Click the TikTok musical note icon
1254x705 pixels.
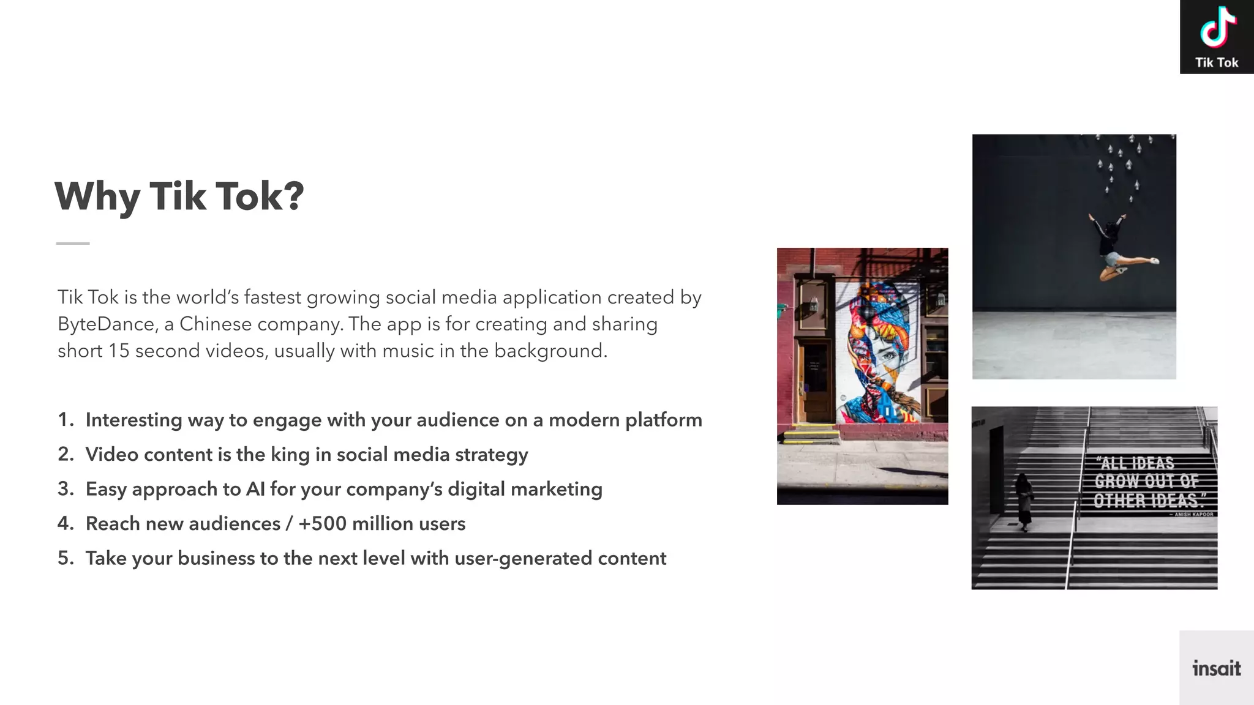(x=1217, y=28)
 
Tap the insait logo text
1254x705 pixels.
(x=1216, y=668)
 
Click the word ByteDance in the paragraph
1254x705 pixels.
(x=106, y=324)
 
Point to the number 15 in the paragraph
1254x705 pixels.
(x=119, y=351)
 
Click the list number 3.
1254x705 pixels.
(x=64, y=489)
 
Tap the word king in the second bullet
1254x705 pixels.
(x=290, y=455)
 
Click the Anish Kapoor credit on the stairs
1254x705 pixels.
(x=1193, y=515)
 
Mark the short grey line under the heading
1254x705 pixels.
(x=73, y=243)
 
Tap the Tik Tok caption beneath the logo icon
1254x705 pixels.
(x=1217, y=62)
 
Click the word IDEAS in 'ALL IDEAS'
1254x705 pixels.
(x=1153, y=463)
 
